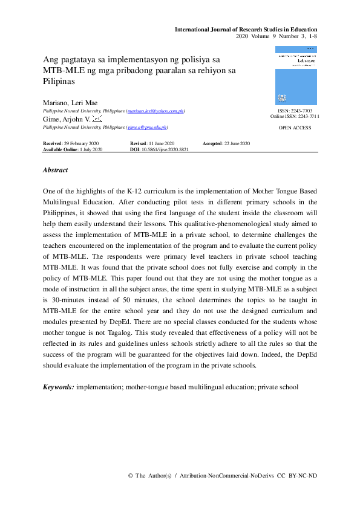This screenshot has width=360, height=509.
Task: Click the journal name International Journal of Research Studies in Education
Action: pyautogui.click(x=246, y=30)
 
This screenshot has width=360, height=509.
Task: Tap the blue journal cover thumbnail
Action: pyautogui.click(x=295, y=76)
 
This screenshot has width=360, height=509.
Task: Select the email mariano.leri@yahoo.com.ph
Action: pyautogui.click(x=155, y=112)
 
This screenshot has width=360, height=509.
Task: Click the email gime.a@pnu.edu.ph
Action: pyautogui.click(x=147, y=128)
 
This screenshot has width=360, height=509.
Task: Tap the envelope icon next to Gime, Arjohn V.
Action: pyautogui.click(x=97, y=120)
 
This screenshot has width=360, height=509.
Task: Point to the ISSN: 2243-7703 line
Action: pyautogui.click(x=295, y=111)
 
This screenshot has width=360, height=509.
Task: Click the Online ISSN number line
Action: pyautogui.click(x=295, y=117)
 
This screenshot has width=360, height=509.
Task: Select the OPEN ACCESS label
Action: pyautogui.click(x=295, y=129)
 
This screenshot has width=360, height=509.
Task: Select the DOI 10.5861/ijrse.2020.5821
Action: pyautogui.click(x=159, y=149)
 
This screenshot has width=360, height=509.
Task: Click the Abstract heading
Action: pyautogui.click(x=55, y=170)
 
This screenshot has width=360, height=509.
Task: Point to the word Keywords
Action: pyautogui.click(x=59, y=387)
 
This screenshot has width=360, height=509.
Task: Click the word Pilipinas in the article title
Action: pyautogui.click(x=58, y=80)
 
